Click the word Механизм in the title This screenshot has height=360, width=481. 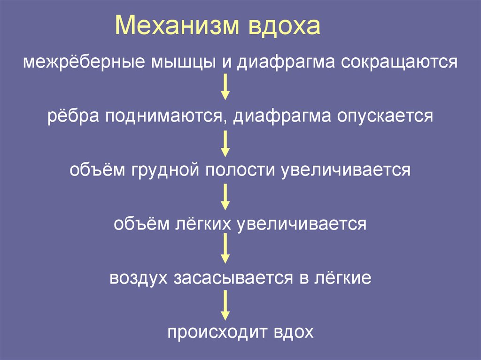(176, 27)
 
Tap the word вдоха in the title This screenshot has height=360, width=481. (282, 27)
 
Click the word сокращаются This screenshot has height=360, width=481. (399, 62)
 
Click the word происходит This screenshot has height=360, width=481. (217, 332)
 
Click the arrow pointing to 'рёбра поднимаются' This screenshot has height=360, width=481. (225, 88)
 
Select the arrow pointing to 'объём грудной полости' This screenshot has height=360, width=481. (225, 143)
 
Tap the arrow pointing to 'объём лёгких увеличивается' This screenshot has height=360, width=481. (225, 197)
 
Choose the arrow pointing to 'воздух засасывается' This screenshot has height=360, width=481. (225, 249)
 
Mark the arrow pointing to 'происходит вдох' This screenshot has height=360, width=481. (225, 305)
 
